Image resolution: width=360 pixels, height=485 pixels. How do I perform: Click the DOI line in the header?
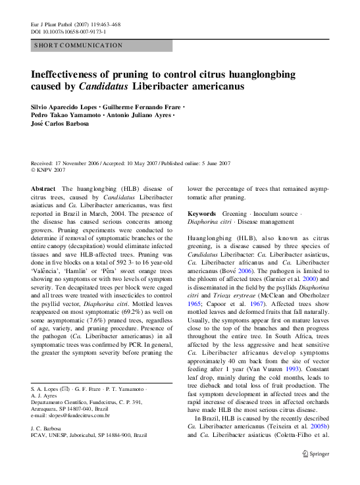click(68, 31)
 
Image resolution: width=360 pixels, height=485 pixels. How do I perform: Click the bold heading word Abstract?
click(43, 188)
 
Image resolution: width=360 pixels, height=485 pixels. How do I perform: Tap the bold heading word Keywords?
click(201, 214)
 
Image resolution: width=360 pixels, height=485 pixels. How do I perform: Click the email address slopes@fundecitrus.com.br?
click(70, 416)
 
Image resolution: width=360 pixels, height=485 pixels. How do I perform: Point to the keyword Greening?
click(236, 214)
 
